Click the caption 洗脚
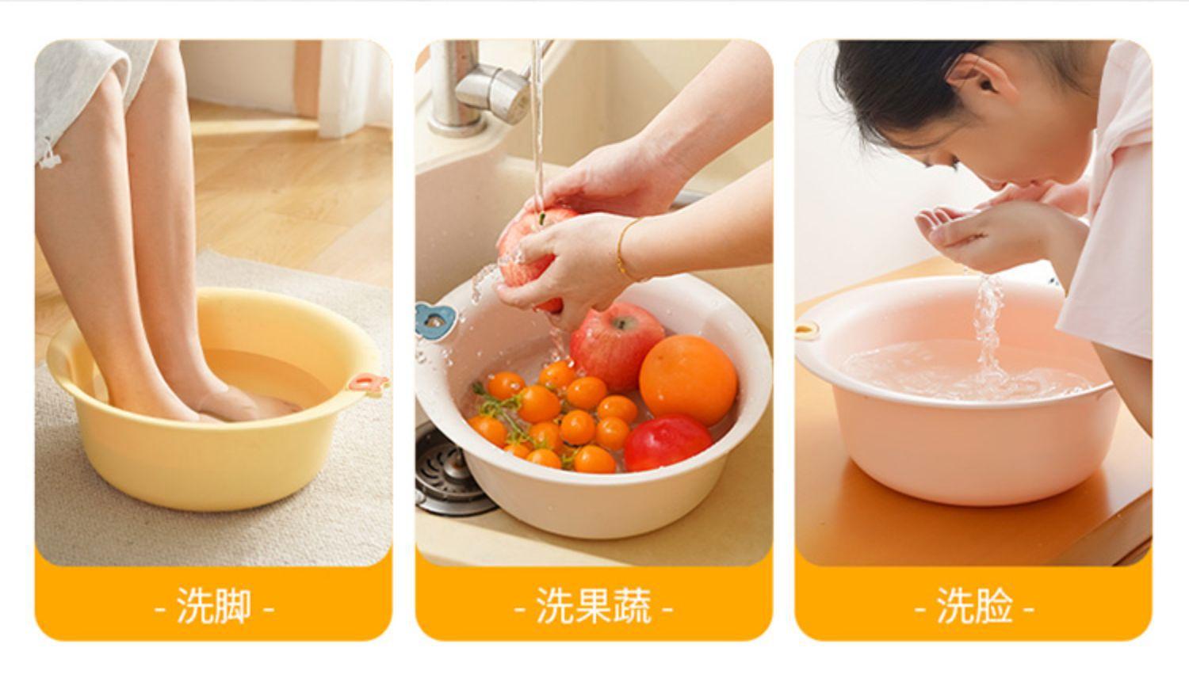(x=214, y=605)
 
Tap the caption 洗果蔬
(x=594, y=605)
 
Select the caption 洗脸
(x=974, y=605)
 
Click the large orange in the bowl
(x=688, y=379)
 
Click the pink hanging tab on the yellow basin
(x=367, y=383)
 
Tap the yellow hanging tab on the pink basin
(x=807, y=330)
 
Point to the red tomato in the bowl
(x=667, y=442)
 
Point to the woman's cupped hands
(x=988, y=228)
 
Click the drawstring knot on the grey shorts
(x=49, y=157)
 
